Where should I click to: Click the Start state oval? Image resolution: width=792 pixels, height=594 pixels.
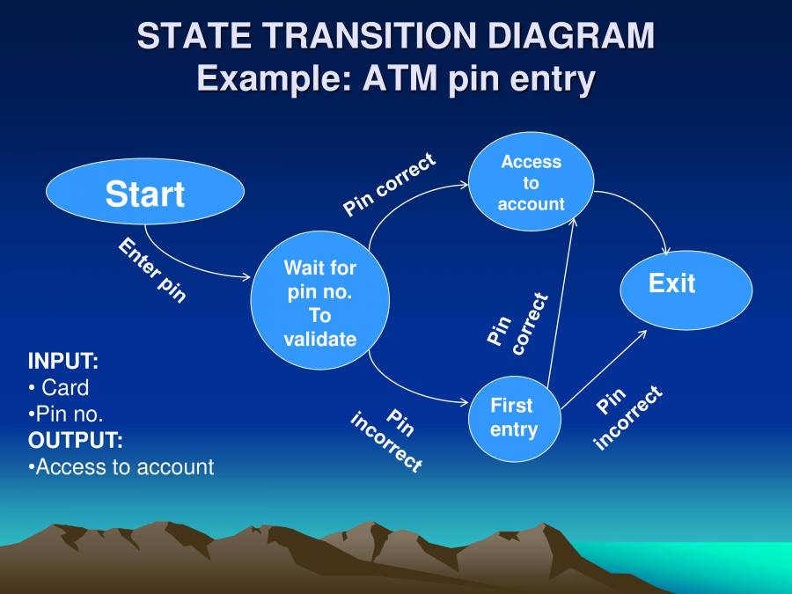(145, 193)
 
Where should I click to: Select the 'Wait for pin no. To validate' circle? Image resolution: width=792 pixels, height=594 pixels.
(319, 302)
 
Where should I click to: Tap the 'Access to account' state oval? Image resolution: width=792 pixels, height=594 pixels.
(531, 182)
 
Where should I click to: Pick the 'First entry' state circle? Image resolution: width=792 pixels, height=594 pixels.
(514, 418)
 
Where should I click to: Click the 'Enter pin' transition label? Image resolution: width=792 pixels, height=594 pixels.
(152, 270)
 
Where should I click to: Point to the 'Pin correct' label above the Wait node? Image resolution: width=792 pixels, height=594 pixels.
(389, 184)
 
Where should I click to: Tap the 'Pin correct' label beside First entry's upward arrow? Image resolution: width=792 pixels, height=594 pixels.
(518, 325)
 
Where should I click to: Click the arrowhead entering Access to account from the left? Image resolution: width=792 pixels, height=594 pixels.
(465, 185)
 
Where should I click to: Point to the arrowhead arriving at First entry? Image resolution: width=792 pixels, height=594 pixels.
(466, 403)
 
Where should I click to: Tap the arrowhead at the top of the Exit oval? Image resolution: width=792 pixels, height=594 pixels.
(668, 253)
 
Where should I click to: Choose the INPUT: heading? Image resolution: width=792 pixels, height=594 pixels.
(63, 361)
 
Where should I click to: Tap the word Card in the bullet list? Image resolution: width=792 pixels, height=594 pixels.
(65, 387)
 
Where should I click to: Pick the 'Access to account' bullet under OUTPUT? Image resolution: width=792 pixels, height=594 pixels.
(123, 466)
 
